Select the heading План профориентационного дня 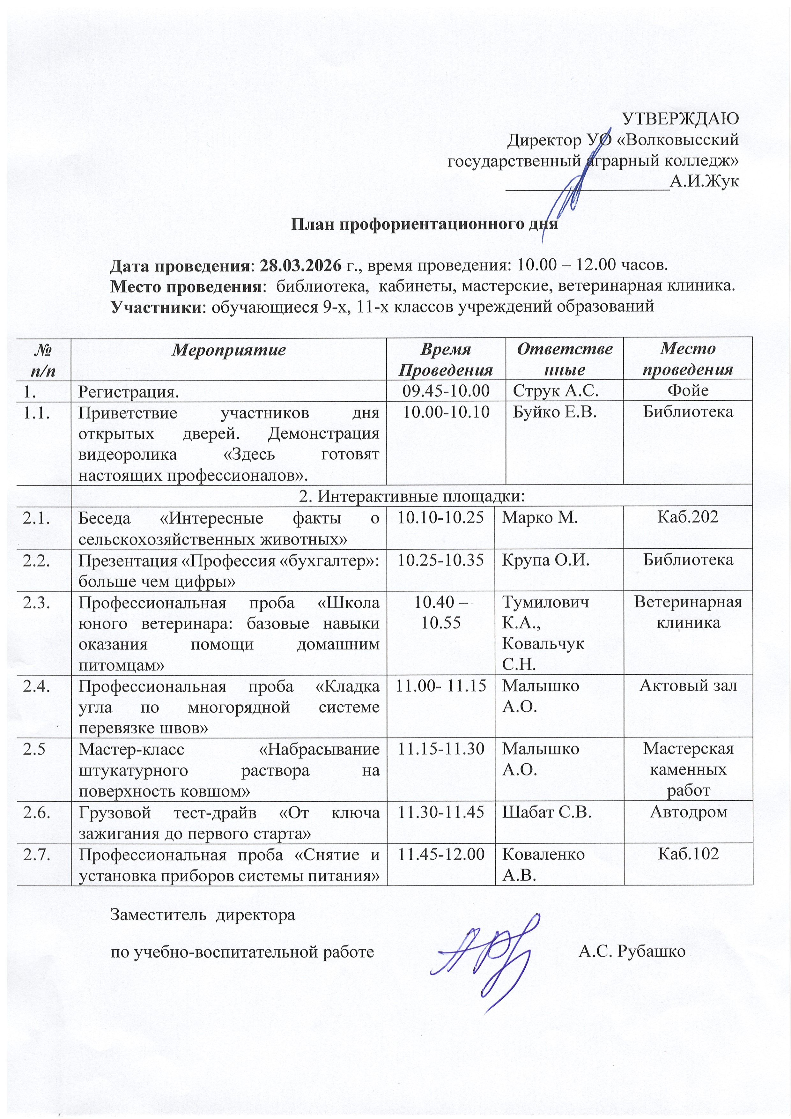424,224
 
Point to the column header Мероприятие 229,350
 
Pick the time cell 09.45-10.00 446,390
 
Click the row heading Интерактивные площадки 412,496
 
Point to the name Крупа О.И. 546,560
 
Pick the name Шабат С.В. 547,811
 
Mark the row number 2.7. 37,854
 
